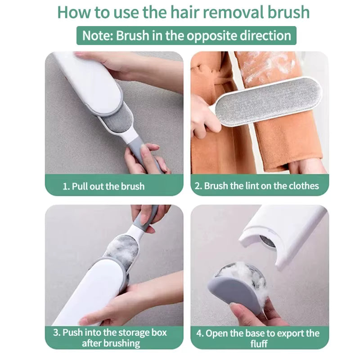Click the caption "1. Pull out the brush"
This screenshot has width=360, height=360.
[x=103, y=186]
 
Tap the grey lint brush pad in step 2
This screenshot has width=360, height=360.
[x=268, y=99]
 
